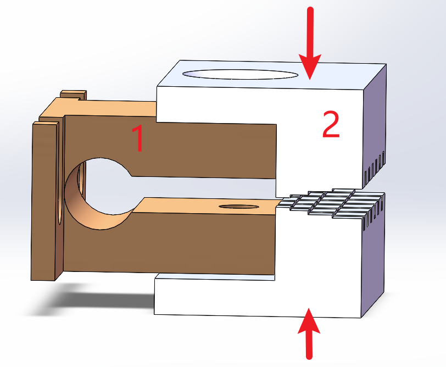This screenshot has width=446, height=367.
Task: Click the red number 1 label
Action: click(139, 139)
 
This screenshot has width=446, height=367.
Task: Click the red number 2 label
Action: click(331, 124)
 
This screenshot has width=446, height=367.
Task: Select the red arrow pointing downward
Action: click(310, 43)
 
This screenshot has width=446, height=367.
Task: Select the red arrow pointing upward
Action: click(309, 333)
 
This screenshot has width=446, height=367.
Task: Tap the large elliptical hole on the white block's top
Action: click(240, 75)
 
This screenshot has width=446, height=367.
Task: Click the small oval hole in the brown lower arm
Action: click(239, 207)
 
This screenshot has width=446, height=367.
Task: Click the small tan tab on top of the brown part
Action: click(74, 94)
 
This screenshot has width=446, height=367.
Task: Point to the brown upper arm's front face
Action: click(171, 148)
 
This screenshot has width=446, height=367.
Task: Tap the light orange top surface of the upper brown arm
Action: click(114, 108)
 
